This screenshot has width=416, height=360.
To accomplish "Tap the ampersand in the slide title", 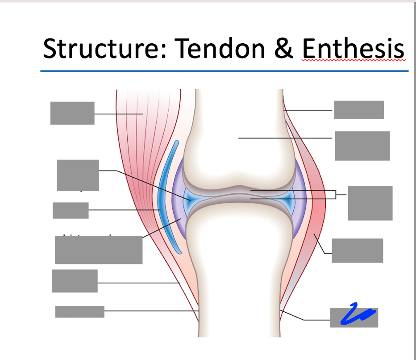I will tap(284, 49).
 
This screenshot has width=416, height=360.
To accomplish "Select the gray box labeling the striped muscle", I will tap(72, 113).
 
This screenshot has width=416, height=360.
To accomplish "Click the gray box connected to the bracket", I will tap(370, 203).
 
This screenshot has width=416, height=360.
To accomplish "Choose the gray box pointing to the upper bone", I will tap(362, 146).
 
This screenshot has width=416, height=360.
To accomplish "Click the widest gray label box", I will tap(99, 250).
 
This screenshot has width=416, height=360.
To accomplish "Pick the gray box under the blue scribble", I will tap(354, 318).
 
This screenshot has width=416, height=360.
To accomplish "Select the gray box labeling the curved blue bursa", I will tap(71, 210).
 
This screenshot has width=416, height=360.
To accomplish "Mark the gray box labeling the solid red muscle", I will tap(357, 250).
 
